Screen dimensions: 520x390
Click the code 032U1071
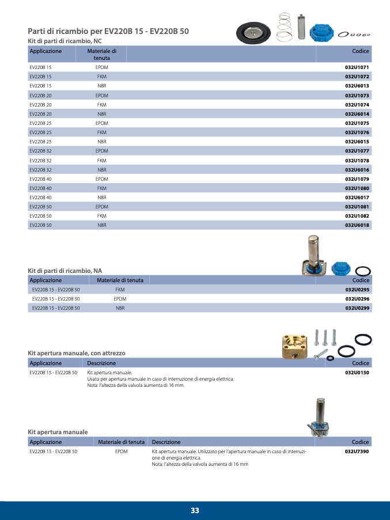357,67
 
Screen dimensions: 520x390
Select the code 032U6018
357,225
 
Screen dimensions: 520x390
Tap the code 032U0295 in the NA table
357,290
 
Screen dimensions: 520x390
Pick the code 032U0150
357,373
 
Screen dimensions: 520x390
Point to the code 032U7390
357,452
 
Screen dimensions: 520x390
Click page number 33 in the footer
195,511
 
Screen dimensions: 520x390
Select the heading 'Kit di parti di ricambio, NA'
65,270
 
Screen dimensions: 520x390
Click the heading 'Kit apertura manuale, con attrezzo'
77,353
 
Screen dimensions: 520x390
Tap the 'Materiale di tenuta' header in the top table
102,55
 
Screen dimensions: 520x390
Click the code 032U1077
357,151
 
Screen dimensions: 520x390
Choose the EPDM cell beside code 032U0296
120,299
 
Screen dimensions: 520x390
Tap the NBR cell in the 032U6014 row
102,114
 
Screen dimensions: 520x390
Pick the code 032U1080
357,188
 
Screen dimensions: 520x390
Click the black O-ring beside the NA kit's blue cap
362,271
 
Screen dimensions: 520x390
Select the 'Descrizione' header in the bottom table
166,442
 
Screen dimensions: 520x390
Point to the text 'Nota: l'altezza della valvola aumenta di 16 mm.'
135,385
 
